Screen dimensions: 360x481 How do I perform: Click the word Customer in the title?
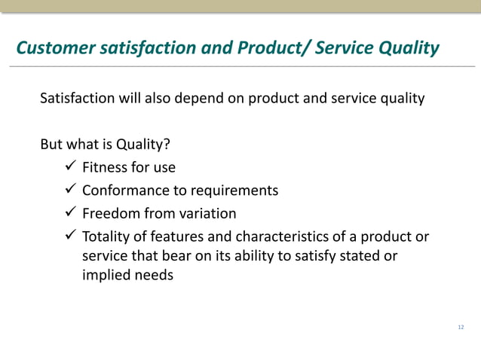50,49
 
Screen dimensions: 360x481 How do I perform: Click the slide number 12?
461,328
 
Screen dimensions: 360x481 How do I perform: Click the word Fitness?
106,167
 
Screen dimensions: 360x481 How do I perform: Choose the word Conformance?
126,191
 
